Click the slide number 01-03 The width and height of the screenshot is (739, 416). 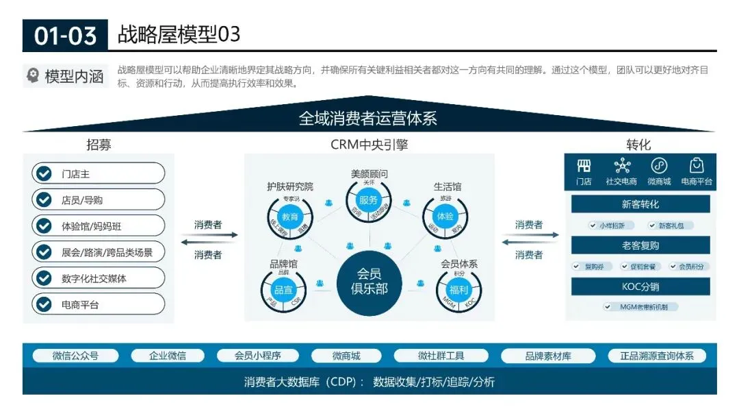pyautogui.click(x=65, y=35)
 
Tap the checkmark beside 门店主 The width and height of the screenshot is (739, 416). pyautogui.click(x=44, y=173)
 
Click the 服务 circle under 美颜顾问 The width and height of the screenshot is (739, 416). pyautogui.click(x=368, y=199)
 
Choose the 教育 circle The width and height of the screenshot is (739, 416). pyautogui.click(x=290, y=217)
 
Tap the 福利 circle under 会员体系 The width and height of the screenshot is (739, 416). pyautogui.click(x=459, y=289)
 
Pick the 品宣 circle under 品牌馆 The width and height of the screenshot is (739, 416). pyautogui.click(x=283, y=289)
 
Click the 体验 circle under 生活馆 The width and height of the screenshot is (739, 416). pyautogui.click(x=445, y=217)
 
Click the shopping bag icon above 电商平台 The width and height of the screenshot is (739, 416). pyautogui.click(x=697, y=166)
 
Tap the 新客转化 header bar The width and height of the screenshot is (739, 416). pyautogui.click(x=640, y=204)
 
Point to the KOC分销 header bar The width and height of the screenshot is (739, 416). pyautogui.click(x=640, y=286)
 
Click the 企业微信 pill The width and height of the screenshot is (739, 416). pyautogui.click(x=168, y=356)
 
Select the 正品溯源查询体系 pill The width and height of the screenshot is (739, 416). pyautogui.click(x=657, y=356)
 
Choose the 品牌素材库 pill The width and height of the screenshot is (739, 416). pyautogui.click(x=548, y=356)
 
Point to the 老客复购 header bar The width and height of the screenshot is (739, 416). pyautogui.click(x=640, y=245)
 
